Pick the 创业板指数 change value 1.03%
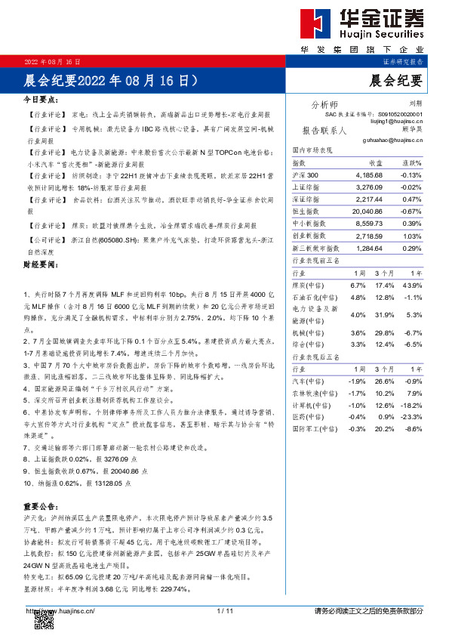tap(412, 237)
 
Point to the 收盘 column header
tap(375, 162)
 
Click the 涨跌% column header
tap(411, 162)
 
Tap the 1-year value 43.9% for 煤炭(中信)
tap(412, 285)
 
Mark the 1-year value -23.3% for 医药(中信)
tap(411, 418)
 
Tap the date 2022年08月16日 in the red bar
tap(52, 60)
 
